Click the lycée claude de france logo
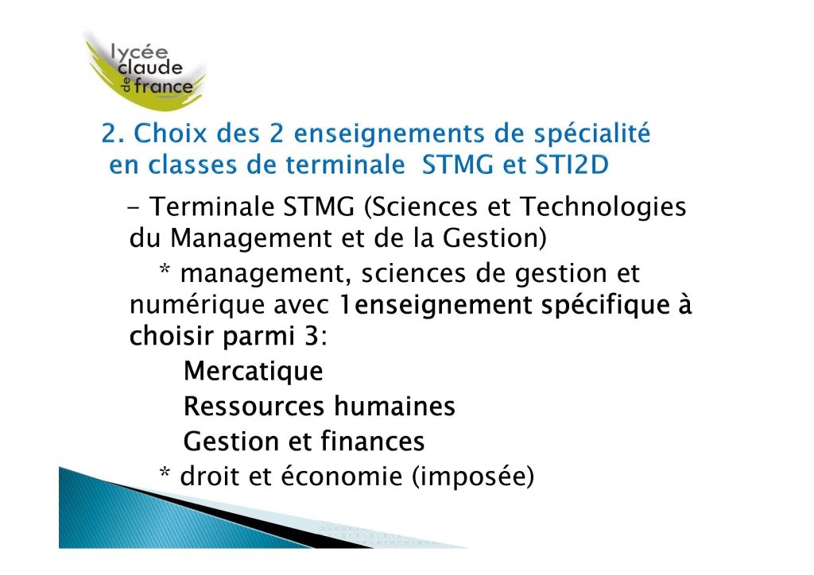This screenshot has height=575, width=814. pos(146,71)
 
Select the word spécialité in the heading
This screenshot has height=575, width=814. pos(592,134)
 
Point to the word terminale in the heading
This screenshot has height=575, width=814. pos(345,165)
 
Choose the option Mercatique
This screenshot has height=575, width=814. pos(254,371)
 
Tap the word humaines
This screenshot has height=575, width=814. pos(394,406)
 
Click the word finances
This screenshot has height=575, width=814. pos(372,441)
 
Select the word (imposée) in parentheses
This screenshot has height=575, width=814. pos(473,477)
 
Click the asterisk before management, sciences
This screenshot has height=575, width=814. pos(165,269)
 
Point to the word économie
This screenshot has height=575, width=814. pos(342,476)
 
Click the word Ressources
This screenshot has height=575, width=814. pos(254,406)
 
